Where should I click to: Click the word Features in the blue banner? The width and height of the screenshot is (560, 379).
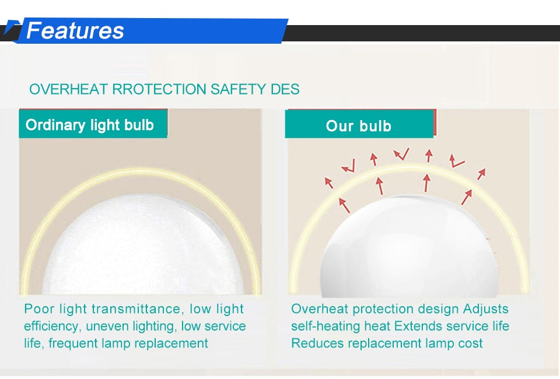point(75,30)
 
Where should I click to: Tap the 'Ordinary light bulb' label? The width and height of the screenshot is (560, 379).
point(90,125)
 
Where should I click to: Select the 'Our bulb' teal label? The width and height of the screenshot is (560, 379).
point(358,126)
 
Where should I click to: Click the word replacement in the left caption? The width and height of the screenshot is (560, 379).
point(171,343)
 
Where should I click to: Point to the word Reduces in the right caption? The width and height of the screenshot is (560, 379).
point(317,343)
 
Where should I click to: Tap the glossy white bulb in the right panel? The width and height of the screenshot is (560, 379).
point(408,251)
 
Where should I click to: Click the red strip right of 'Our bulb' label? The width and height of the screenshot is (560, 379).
point(435,123)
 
